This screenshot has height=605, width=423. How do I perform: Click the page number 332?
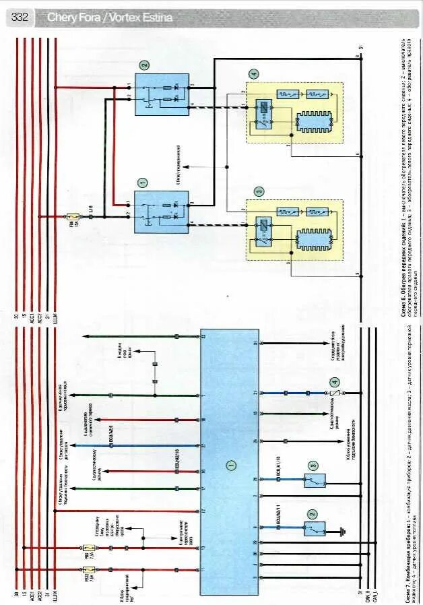20,18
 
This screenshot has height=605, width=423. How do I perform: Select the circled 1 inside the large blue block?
230,465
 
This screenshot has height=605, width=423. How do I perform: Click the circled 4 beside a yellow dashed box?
253,74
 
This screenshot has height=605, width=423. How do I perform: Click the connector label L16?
90,218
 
